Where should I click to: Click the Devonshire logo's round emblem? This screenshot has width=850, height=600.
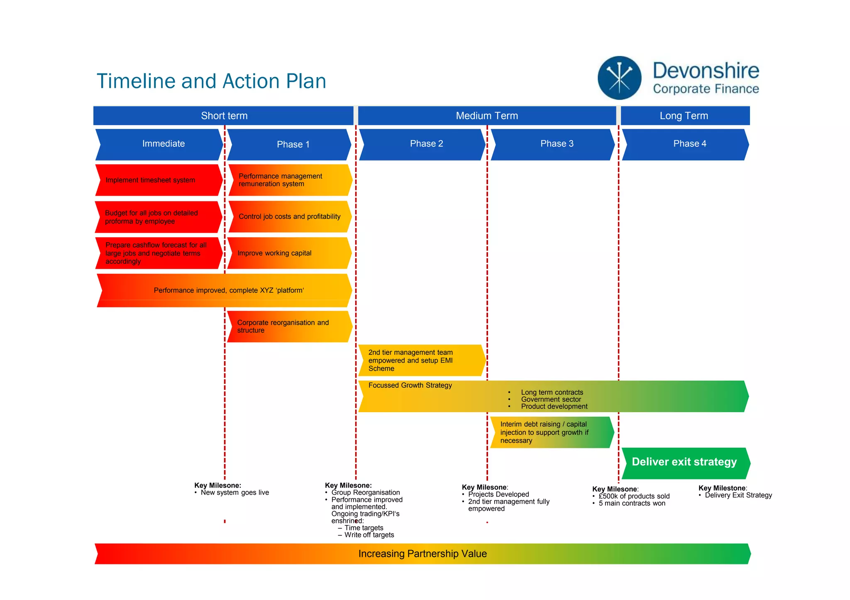(x=619, y=78)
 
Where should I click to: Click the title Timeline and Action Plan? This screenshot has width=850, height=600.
(x=211, y=81)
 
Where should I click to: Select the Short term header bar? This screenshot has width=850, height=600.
(x=224, y=116)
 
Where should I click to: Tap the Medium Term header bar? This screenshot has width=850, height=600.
(x=486, y=116)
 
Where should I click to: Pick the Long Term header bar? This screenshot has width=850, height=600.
(x=684, y=116)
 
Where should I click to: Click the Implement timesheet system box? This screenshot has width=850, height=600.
(x=158, y=180)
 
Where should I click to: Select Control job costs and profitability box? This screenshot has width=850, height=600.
(x=289, y=216)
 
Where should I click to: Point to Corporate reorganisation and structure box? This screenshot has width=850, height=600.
(x=289, y=326)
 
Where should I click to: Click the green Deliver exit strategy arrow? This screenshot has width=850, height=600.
(x=685, y=462)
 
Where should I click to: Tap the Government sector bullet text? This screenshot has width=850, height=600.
(x=551, y=399)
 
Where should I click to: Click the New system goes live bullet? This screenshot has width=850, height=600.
(x=234, y=493)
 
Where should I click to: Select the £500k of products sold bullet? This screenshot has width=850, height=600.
(x=634, y=496)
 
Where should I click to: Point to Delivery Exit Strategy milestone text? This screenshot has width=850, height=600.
(x=738, y=495)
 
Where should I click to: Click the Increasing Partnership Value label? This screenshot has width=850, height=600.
(x=422, y=554)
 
